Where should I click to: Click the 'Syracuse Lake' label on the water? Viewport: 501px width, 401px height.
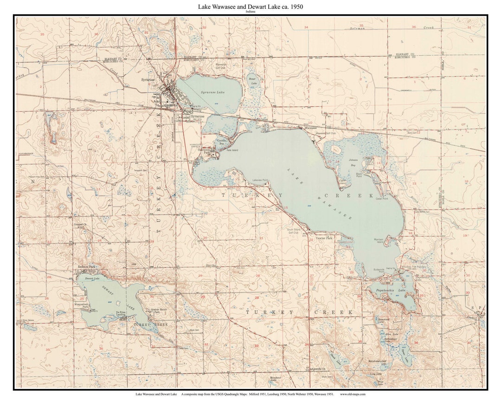(212, 92)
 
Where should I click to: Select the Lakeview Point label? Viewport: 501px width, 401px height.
(260, 180)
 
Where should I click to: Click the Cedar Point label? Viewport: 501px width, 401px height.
(382, 199)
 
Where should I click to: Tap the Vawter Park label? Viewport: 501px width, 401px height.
(324, 238)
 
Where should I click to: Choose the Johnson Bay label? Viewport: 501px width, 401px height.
(353, 162)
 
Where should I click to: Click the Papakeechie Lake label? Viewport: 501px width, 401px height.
(395, 291)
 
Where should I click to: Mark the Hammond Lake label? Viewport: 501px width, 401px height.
(383, 320)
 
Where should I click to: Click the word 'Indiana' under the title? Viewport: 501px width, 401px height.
(250, 12)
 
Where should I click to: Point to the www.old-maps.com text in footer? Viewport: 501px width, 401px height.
(353, 394)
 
